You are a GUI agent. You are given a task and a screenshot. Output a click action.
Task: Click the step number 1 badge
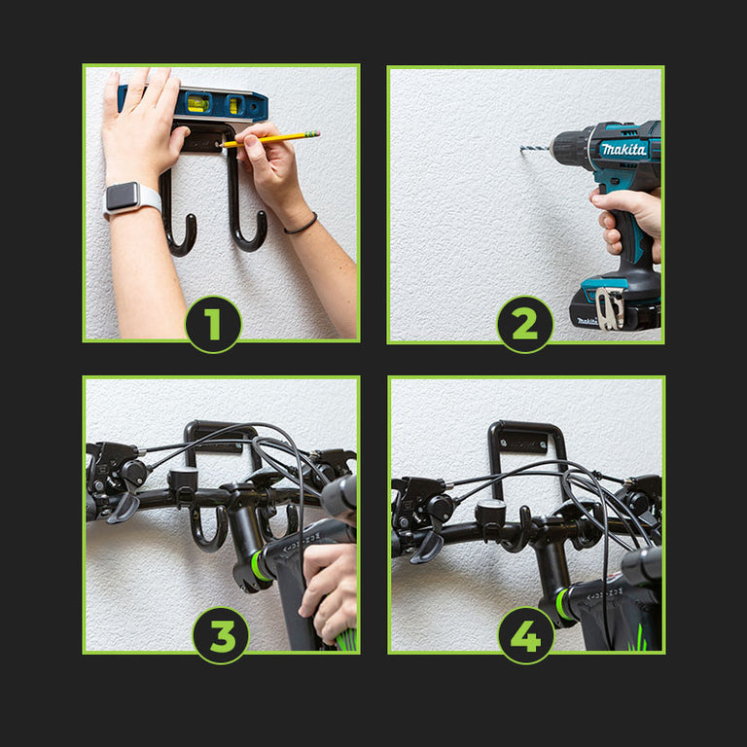[213, 325]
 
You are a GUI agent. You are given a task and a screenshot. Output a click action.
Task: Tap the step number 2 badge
[525, 325]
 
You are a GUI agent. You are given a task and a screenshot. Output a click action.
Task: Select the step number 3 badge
[221, 635]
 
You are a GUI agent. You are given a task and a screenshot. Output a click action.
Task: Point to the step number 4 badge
[526, 635]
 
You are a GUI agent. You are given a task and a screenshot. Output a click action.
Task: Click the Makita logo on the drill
[623, 150]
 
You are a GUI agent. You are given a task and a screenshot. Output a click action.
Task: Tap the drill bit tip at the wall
[521, 149]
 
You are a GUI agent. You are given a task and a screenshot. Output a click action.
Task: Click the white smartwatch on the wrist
[131, 197]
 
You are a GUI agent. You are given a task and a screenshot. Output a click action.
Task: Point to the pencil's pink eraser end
[316, 134]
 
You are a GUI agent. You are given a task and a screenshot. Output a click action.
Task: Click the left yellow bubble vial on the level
[197, 103]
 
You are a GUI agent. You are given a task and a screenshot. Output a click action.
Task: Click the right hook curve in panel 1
[248, 234]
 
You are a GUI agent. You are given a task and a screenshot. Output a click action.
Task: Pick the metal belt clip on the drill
[610, 307]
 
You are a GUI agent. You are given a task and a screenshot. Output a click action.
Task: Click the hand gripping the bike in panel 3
[328, 591]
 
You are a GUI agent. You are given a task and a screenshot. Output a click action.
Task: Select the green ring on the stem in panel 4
[562, 604]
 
